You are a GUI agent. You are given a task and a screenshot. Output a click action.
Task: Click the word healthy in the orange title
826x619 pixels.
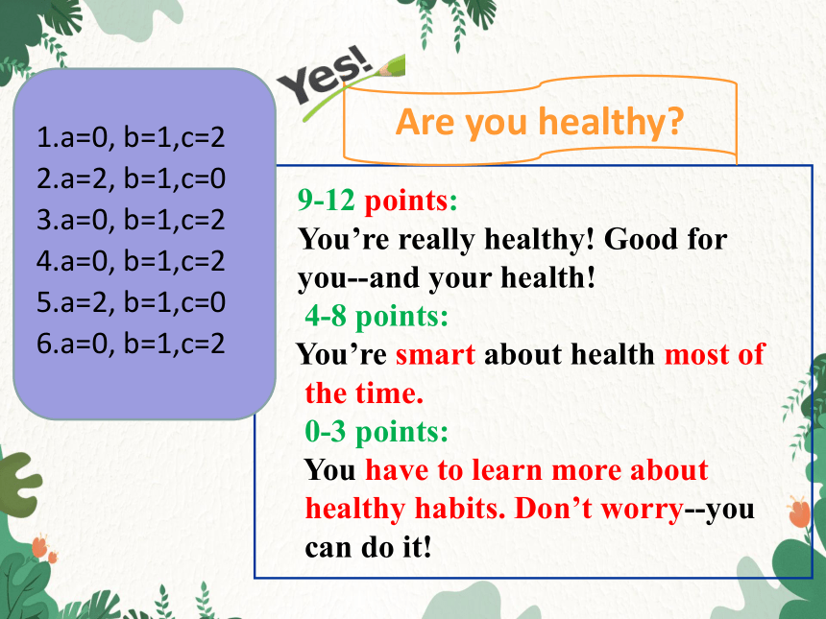pos(611,122)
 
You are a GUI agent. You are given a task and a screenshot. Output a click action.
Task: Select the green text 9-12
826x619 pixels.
pos(327,201)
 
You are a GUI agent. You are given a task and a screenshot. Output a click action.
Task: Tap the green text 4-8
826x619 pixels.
pos(326,317)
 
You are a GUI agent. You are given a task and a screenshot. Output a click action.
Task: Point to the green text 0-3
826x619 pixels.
pos(326,432)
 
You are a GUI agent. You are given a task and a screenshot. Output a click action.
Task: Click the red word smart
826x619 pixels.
pos(436,355)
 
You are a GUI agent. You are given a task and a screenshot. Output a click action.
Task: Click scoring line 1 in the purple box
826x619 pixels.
pos(131,137)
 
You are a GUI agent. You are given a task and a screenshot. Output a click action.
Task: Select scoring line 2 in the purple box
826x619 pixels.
pos(131,179)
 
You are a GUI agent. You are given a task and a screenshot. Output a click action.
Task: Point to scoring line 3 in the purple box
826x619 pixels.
pos(131,220)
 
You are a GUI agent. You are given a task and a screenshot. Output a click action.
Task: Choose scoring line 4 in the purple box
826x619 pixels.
pos(131,261)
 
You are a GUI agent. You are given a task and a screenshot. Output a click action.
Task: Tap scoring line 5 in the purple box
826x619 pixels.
pos(131,302)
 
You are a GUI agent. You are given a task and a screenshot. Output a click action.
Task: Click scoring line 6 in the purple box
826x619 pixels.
pos(131,344)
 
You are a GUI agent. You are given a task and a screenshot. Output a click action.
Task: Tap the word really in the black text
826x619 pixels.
pos(437,241)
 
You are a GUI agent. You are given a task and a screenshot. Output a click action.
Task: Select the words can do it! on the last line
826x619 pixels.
pos(368,547)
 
